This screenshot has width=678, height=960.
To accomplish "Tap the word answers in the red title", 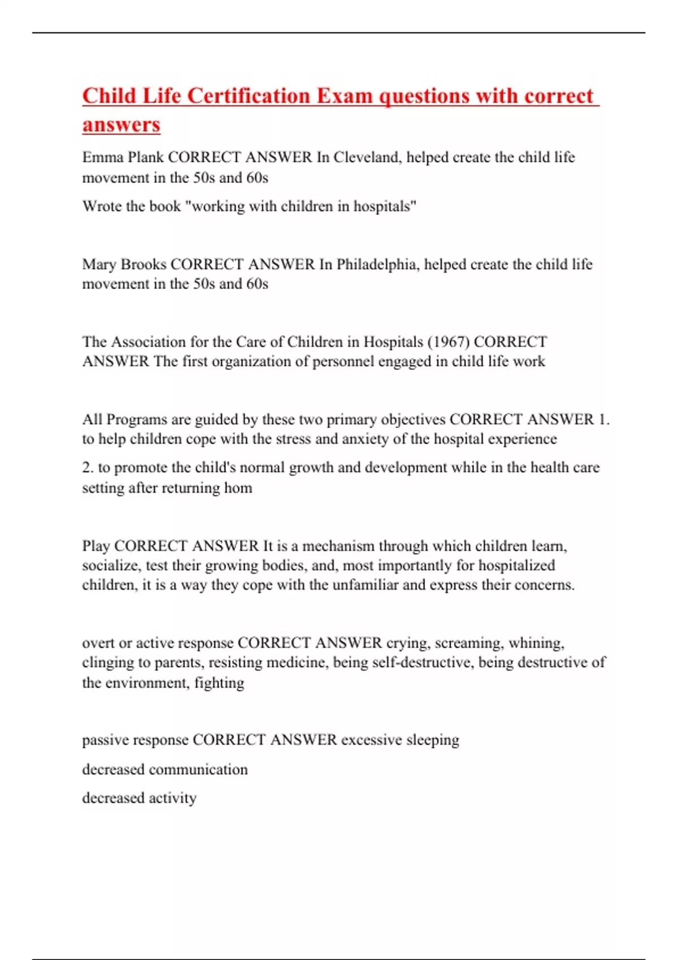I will coord(121,124).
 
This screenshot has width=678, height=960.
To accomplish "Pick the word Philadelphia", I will coord(377,264).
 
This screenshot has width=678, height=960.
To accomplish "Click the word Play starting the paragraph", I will coord(96,546).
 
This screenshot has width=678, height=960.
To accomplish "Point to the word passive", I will coord(106,740).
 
